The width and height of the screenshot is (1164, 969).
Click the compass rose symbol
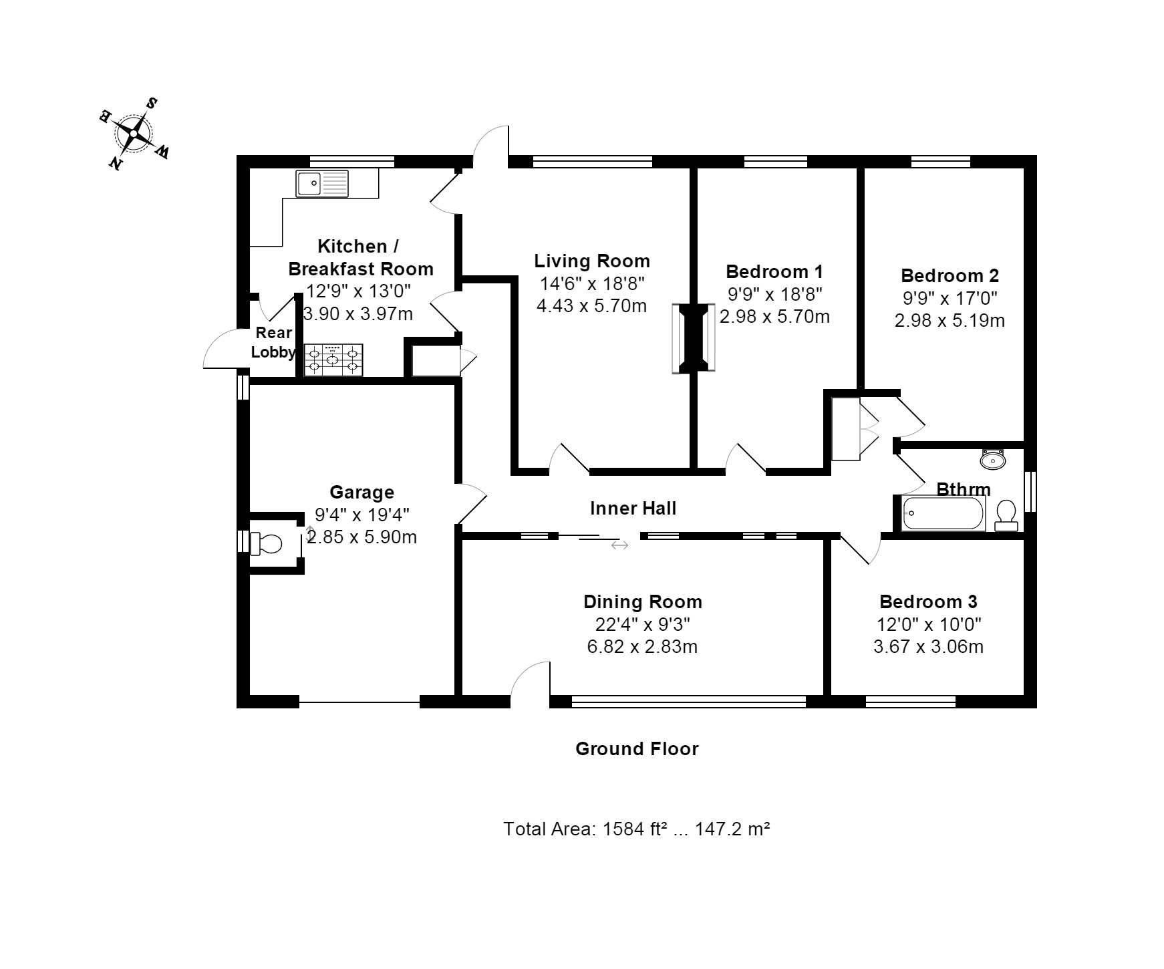(134, 134)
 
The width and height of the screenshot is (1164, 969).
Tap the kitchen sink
(322, 183)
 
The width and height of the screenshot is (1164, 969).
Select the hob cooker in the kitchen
(333, 360)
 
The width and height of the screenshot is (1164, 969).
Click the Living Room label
(591, 261)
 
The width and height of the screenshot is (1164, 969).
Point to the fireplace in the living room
(693, 338)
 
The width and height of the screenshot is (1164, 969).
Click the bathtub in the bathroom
(942, 513)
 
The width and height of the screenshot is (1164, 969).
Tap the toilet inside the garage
(265, 543)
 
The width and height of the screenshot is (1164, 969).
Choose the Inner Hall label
(633, 509)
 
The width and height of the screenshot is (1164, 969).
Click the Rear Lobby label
(273, 342)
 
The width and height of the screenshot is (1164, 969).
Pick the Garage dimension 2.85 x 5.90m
(361, 537)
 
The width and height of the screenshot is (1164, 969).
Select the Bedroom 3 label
(927, 601)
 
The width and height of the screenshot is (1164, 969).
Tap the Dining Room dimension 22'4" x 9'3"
(642, 624)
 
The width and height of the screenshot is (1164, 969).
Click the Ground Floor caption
(636, 748)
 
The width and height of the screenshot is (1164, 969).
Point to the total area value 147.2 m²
(732, 829)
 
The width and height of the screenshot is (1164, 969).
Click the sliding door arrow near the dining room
(619, 545)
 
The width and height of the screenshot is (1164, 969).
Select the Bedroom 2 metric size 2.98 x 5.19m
(949, 321)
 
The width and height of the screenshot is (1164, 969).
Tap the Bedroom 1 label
(774, 272)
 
